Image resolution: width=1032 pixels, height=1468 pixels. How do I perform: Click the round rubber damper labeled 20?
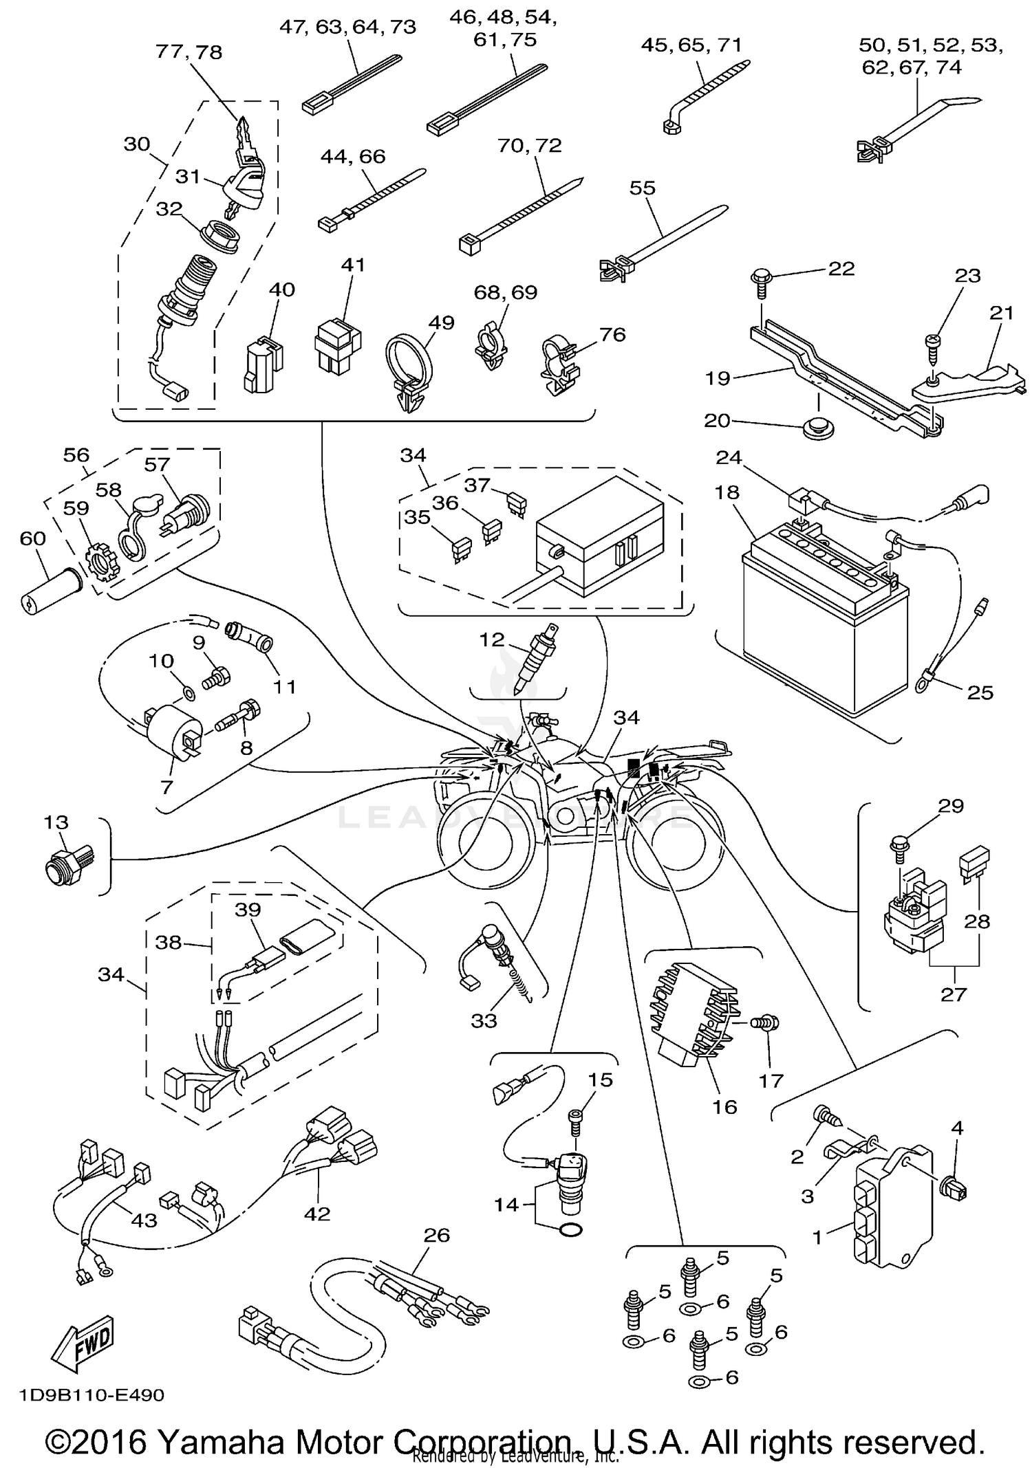(x=818, y=427)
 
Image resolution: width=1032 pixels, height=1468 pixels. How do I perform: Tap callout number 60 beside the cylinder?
(x=32, y=538)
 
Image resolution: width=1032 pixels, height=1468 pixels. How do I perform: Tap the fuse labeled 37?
(x=516, y=504)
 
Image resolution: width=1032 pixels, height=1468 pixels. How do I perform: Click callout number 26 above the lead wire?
(x=436, y=1236)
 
